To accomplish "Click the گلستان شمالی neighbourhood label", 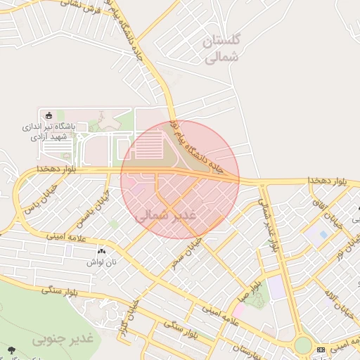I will [222, 50].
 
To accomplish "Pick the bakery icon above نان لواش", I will [101, 250].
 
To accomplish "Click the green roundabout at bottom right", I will [303, 345].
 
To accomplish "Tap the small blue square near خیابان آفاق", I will [323, 234].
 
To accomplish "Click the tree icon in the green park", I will [11, 349].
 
